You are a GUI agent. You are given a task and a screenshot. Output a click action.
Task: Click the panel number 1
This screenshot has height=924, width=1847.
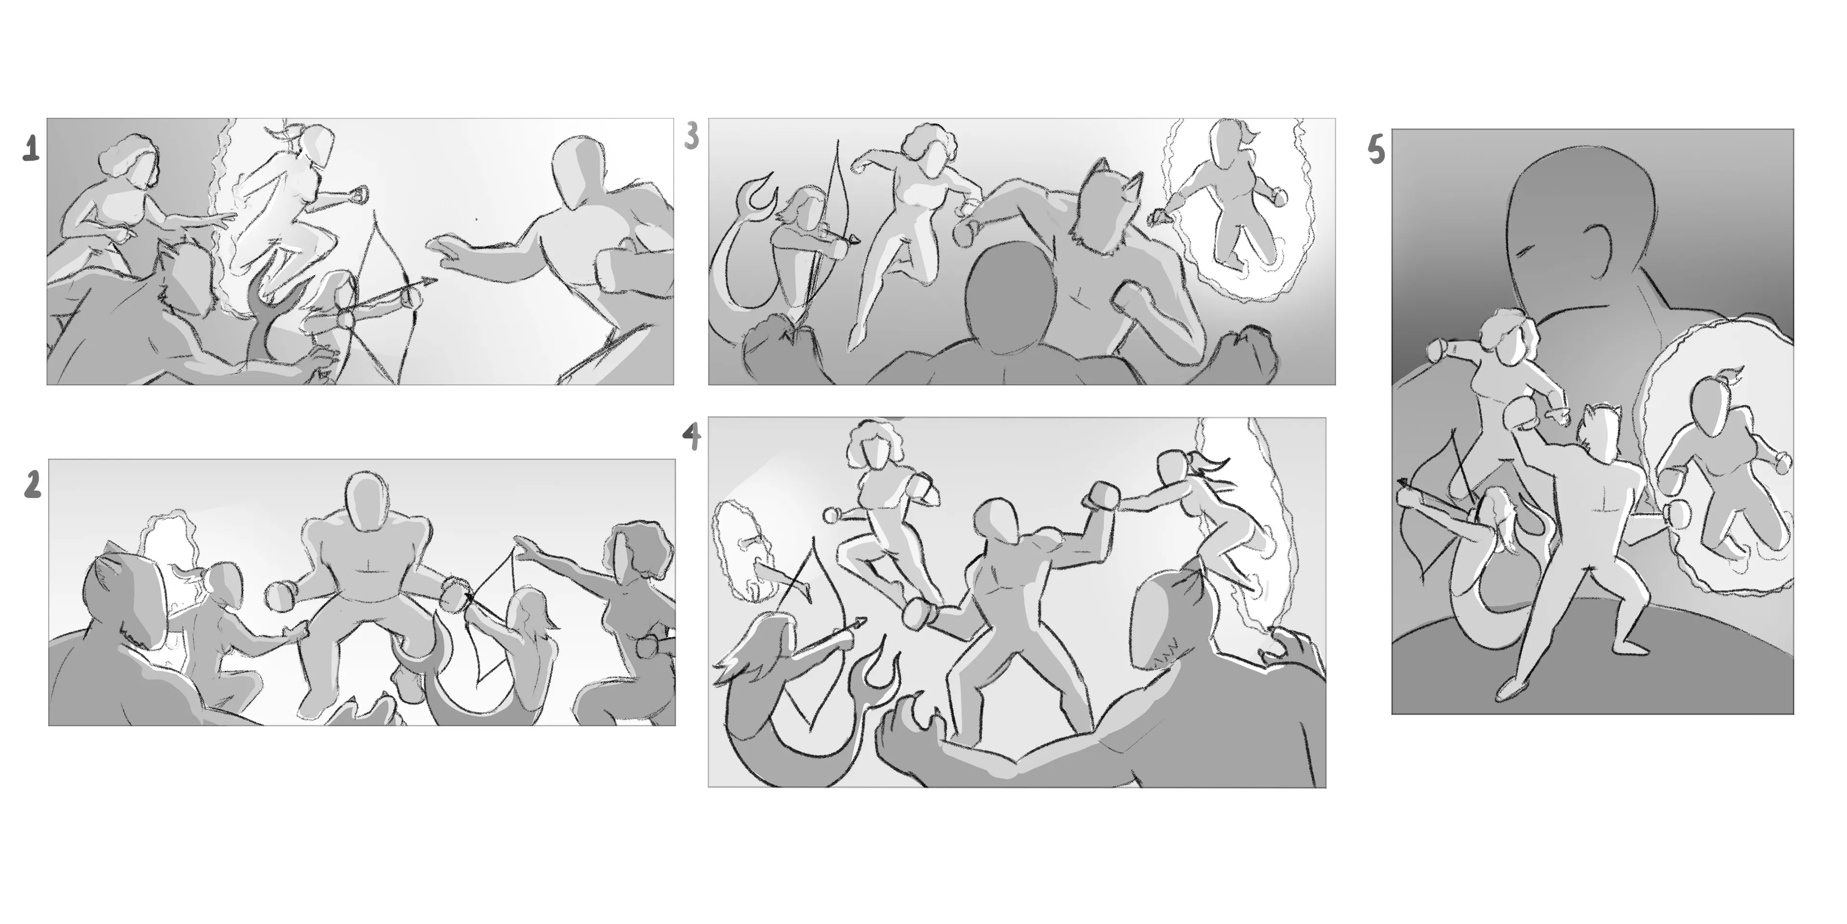(x=30, y=149)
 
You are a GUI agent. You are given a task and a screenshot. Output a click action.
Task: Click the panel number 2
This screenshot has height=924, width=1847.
(x=32, y=486)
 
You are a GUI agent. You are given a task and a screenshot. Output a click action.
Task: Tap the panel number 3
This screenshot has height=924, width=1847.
(x=691, y=136)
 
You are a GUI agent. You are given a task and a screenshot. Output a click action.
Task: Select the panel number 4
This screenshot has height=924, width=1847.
(x=691, y=436)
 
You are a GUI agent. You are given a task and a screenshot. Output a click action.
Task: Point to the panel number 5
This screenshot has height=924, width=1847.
(x=1376, y=151)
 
